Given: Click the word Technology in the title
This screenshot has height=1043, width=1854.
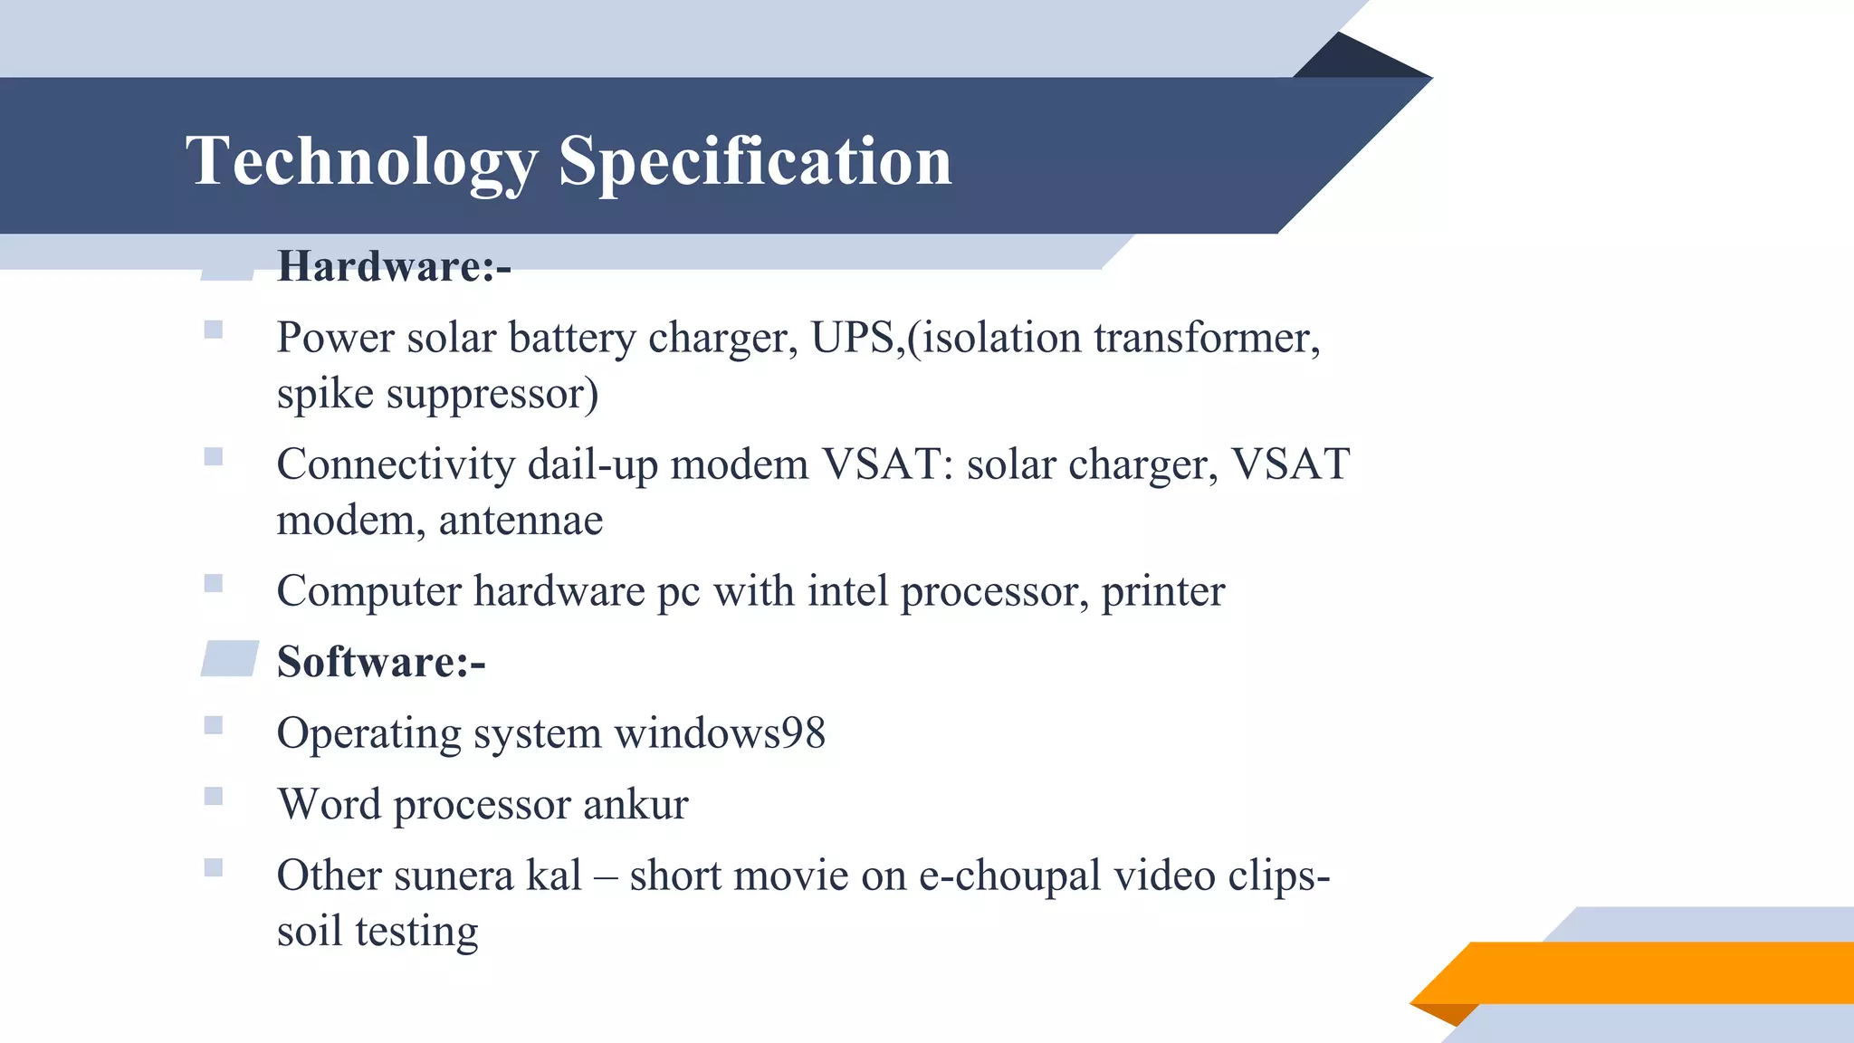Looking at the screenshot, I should [x=361, y=161].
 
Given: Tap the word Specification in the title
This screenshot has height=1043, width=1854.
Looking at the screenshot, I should [x=755, y=161].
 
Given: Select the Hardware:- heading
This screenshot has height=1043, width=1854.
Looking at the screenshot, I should [x=394, y=266].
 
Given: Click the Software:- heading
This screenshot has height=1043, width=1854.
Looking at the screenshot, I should [x=381, y=662].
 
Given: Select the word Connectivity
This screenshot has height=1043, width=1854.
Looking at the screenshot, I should [x=396, y=464].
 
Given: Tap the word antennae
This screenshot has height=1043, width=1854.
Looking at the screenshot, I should [x=521, y=521].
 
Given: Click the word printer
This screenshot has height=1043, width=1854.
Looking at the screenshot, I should [x=1162, y=591].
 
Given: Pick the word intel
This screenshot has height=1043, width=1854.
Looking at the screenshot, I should [x=847, y=591].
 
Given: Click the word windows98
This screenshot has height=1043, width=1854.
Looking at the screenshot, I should [x=720, y=732].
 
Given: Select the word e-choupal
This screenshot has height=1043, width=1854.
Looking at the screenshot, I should [x=1009, y=876].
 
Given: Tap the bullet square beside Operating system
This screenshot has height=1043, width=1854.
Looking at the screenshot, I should [x=214, y=725].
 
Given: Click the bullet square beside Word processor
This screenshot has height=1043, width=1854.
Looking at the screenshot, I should [x=214, y=797].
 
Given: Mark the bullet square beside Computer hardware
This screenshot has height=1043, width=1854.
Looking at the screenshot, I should [x=214, y=583].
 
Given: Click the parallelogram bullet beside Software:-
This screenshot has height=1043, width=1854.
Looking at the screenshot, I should [x=230, y=658].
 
